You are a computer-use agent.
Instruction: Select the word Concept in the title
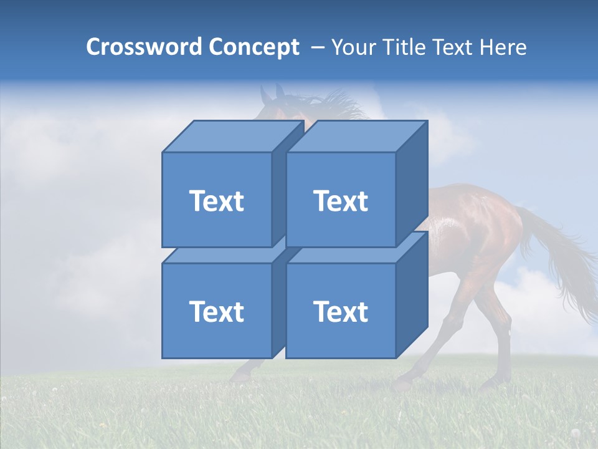(x=254, y=47)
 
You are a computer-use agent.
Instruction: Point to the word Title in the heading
(x=407, y=47)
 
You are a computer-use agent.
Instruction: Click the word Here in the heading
(x=503, y=47)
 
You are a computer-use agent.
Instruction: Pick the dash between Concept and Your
(x=316, y=47)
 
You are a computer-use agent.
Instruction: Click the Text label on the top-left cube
(x=217, y=201)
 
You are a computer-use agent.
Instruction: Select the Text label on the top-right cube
(x=341, y=201)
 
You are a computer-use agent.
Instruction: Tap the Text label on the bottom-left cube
(x=217, y=311)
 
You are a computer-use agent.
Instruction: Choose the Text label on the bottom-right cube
(x=341, y=311)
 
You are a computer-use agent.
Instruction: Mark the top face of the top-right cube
(x=356, y=137)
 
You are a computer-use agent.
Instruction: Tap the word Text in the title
(x=456, y=47)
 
